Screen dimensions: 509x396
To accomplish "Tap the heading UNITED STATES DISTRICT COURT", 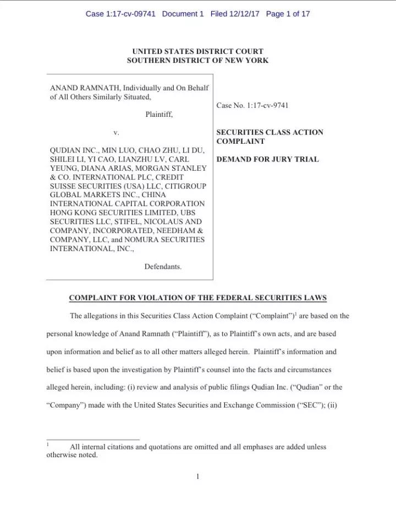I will coord(197,52).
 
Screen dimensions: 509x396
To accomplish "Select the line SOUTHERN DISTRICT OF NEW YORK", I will coord(197,61).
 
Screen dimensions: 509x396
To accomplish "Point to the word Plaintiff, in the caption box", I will coord(159,115).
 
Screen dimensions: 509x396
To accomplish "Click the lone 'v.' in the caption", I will coord(116,133).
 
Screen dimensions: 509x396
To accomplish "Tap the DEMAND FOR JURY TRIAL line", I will coord(267,160).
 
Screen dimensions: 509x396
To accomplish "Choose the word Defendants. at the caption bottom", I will coord(163,267).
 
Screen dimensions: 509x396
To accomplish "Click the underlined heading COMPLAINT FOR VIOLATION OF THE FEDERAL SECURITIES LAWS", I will coord(197,298).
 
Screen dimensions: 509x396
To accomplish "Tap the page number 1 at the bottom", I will coord(197,476).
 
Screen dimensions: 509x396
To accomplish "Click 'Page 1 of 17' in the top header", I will coord(288,14).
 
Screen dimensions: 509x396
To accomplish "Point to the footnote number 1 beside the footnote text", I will coord(48,444).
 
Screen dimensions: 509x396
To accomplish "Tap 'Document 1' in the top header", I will coord(184,14).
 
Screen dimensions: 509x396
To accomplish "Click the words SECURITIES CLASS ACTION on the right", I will coord(269,133).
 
